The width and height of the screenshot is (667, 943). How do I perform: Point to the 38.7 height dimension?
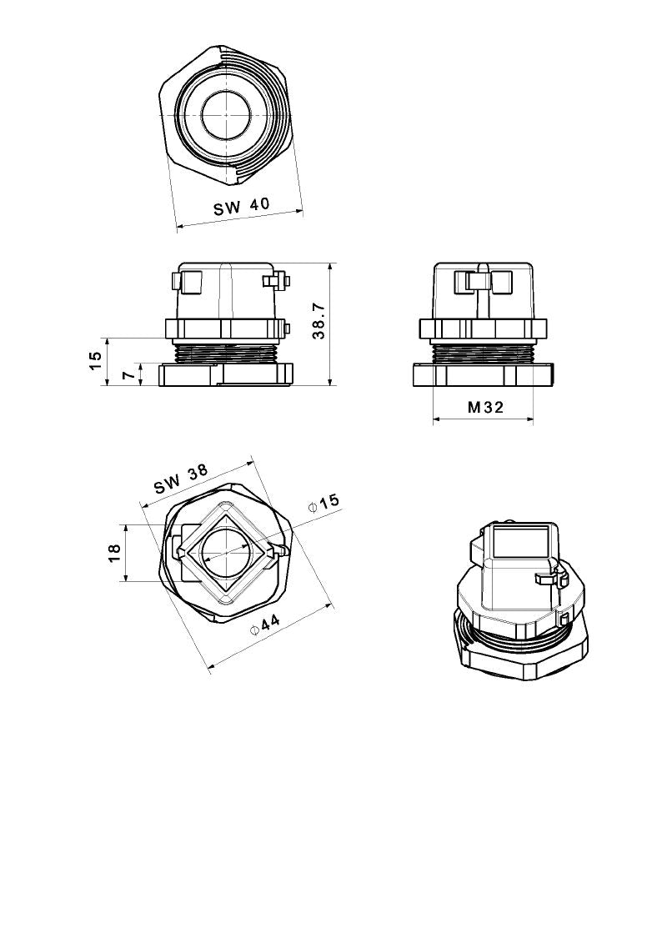[x=318, y=321]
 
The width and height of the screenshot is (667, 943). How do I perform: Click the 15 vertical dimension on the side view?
[x=95, y=359]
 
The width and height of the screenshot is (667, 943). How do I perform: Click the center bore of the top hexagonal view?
[x=225, y=113]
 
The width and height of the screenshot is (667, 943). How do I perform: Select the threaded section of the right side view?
[x=483, y=353]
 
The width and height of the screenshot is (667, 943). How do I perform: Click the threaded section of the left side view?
[x=225, y=352]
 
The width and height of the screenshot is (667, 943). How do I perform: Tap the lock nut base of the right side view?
[x=483, y=377]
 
